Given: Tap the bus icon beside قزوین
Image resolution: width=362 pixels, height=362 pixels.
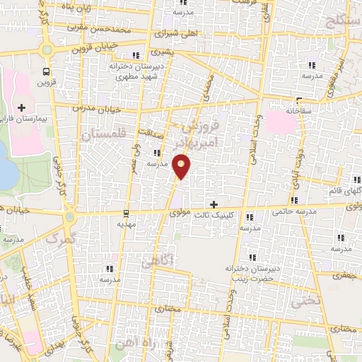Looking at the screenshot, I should (x=47, y=71).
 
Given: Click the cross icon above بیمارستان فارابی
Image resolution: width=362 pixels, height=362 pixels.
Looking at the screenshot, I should (x=21, y=108).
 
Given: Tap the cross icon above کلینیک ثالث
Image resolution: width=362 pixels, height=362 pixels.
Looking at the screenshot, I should (x=214, y=204).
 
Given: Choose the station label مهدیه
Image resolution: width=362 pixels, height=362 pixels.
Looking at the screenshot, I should (x=127, y=223).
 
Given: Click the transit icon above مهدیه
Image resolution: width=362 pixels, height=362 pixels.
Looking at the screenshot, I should (x=126, y=212).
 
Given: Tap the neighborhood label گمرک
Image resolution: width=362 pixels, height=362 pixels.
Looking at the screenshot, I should (x=59, y=239).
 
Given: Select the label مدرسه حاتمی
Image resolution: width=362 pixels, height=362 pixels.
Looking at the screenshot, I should (x=291, y=211).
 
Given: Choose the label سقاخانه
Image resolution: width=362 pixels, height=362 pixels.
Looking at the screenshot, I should (x=300, y=111).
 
